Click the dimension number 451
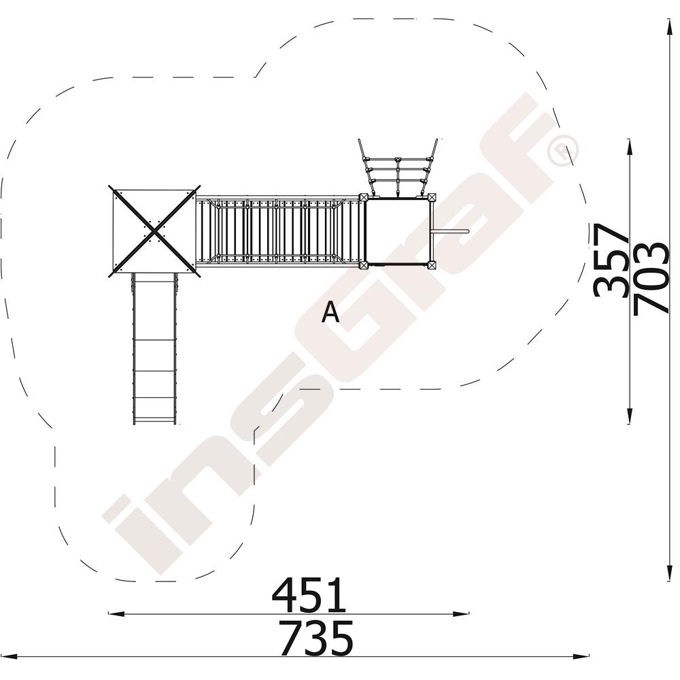(309, 594)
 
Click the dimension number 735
(316, 638)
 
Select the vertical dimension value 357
(611, 261)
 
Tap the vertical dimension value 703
(651, 278)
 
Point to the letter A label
(330, 312)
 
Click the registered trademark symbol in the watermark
(563, 150)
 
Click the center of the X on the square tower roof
(154, 231)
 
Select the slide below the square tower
(154, 349)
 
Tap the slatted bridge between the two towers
(279, 232)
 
